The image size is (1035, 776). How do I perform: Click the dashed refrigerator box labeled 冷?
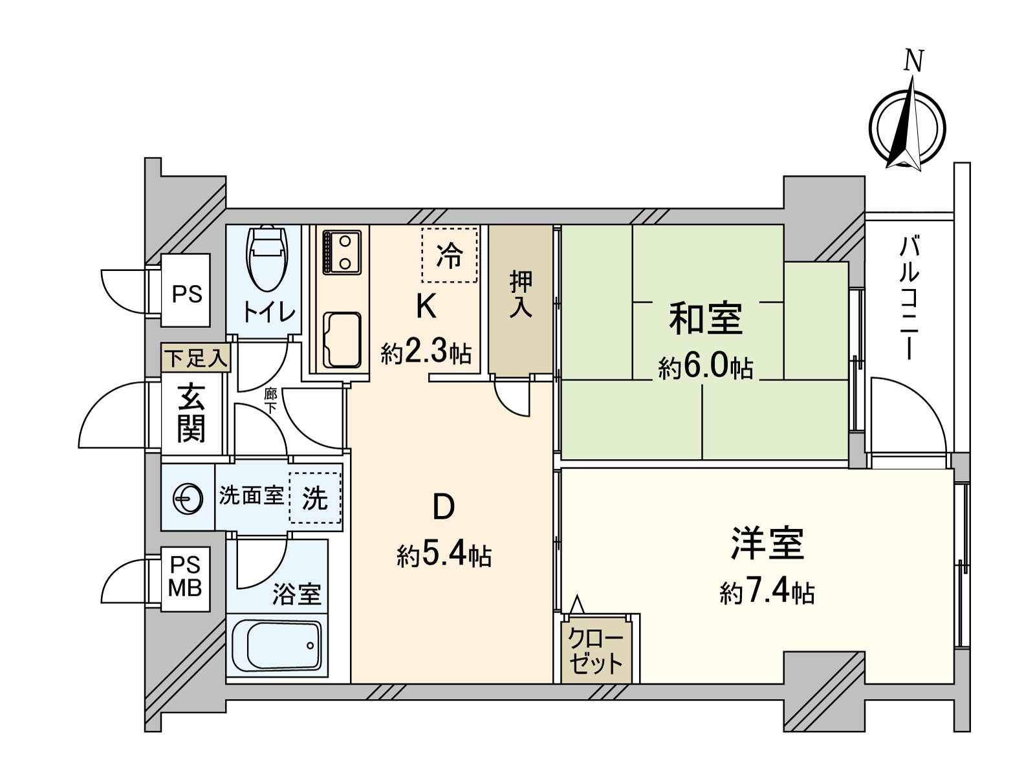pyautogui.click(x=450, y=255)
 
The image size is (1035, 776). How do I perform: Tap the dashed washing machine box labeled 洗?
pyautogui.click(x=315, y=498)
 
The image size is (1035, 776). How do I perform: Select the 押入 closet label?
pyautogui.click(x=521, y=294)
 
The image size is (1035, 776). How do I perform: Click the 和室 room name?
pyautogui.click(x=706, y=318)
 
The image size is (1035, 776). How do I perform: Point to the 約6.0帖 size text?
pyautogui.click(x=706, y=368)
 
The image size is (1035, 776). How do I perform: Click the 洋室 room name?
pyautogui.click(x=767, y=543)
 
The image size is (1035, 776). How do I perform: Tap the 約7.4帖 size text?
pyautogui.click(x=767, y=592)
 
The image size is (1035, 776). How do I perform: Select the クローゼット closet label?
pyautogui.click(x=596, y=651)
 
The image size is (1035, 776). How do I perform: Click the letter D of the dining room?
pyautogui.click(x=443, y=508)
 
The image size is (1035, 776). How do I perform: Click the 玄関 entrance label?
pyautogui.click(x=191, y=412)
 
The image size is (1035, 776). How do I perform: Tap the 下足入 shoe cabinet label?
pyautogui.click(x=196, y=358)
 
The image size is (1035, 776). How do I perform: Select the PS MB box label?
pyautogui.click(x=186, y=577)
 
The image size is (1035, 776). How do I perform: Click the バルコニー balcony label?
pyautogui.click(x=909, y=298)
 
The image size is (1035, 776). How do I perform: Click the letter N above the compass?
pyautogui.click(x=913, y=61)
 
